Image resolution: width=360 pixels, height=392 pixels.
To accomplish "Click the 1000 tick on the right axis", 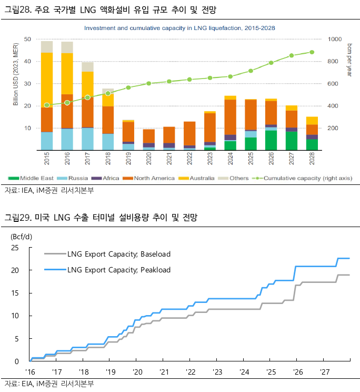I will [335, 39].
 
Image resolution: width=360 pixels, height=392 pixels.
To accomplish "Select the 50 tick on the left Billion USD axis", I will [27, 39].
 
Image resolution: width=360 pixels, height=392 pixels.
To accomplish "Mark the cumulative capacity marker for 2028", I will [312, 52].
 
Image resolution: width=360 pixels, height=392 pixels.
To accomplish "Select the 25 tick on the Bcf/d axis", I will [15, 248].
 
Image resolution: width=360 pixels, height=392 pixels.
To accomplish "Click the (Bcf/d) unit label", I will [22, 236].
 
